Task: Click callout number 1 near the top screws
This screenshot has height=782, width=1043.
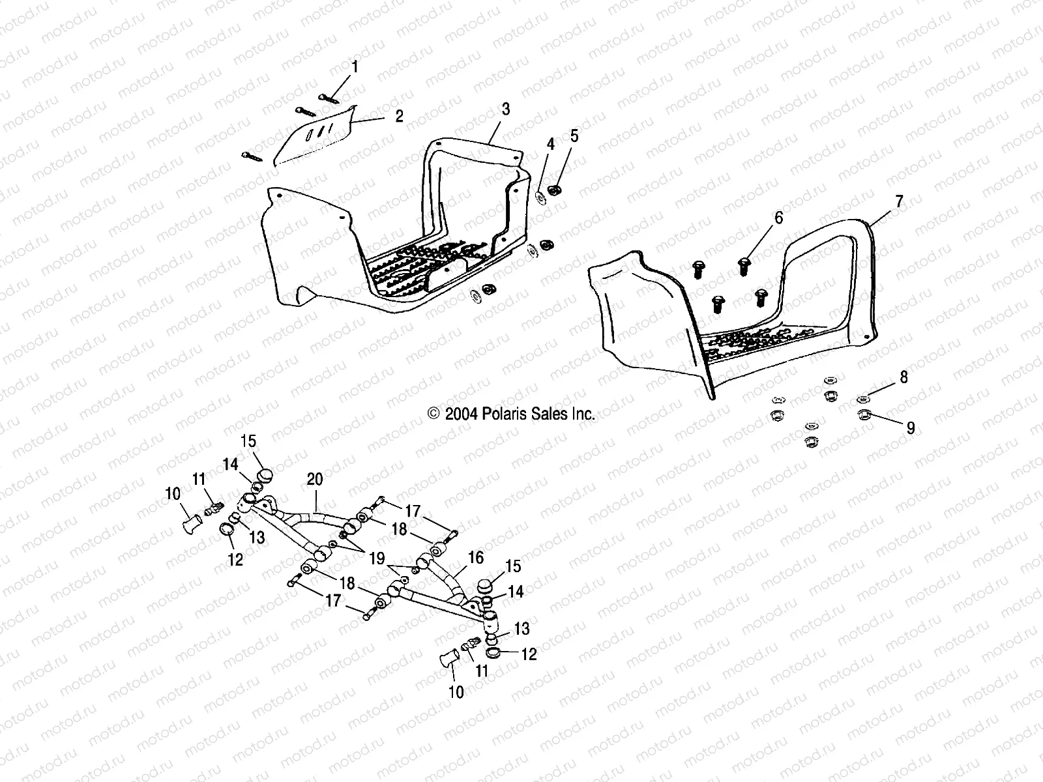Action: (x=355, y=67)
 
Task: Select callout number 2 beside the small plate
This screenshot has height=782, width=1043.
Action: (x=399, y=117)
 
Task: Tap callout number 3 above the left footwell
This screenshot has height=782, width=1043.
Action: (x=505, y=109)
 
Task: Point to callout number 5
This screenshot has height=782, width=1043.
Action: (x=574, y=136)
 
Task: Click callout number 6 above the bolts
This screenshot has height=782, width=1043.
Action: (x=778, y=218)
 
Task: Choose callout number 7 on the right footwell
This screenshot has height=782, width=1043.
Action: (x=900, y=202)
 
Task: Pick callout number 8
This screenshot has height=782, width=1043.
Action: (x=903, y=377)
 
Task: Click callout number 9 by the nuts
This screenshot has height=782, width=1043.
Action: (x=910, y=427)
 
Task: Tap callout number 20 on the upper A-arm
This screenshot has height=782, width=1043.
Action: (x=315, y=480)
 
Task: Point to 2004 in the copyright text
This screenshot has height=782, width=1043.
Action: (x=462, y=414)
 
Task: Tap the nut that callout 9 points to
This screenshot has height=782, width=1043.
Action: (x=864, y=414)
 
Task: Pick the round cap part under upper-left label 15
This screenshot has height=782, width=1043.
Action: (x=265, y=473)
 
